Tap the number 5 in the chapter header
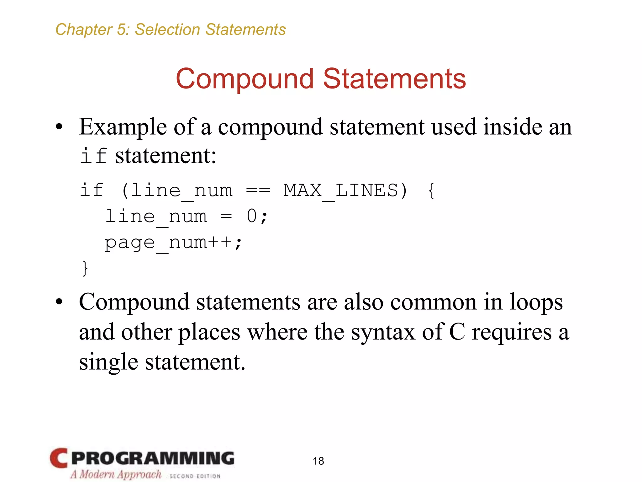point(121,30)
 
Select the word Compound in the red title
point(245,79)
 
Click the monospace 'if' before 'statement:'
point(93,156)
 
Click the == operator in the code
point(258,190)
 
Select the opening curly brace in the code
point(431,190)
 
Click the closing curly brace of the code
point(85,268)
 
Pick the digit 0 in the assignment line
point(252,217)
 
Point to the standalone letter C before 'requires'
point(457,332)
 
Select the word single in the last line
point(108,362)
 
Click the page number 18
point(318,461)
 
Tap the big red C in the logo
point(59,458)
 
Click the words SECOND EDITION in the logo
point(195,476)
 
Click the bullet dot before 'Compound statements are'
point(59,302)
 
